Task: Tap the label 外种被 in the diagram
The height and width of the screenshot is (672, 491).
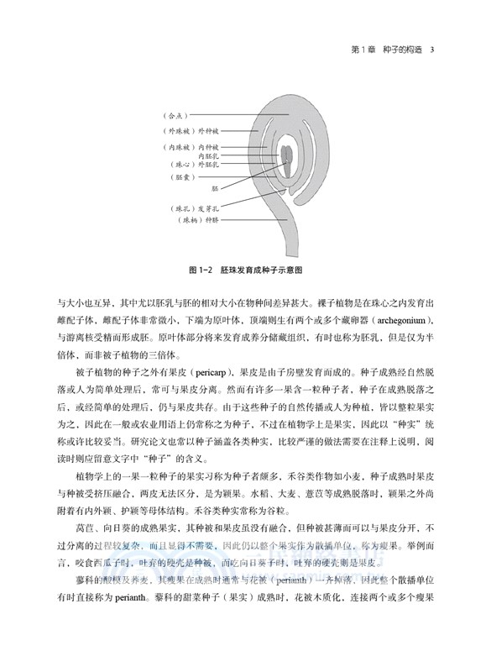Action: pos(208,131)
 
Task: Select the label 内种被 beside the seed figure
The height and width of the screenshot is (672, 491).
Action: pos(208,147)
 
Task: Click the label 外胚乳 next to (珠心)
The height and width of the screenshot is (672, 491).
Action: pos(208,166)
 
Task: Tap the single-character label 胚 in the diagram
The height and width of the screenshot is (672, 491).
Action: pos(215,189)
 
